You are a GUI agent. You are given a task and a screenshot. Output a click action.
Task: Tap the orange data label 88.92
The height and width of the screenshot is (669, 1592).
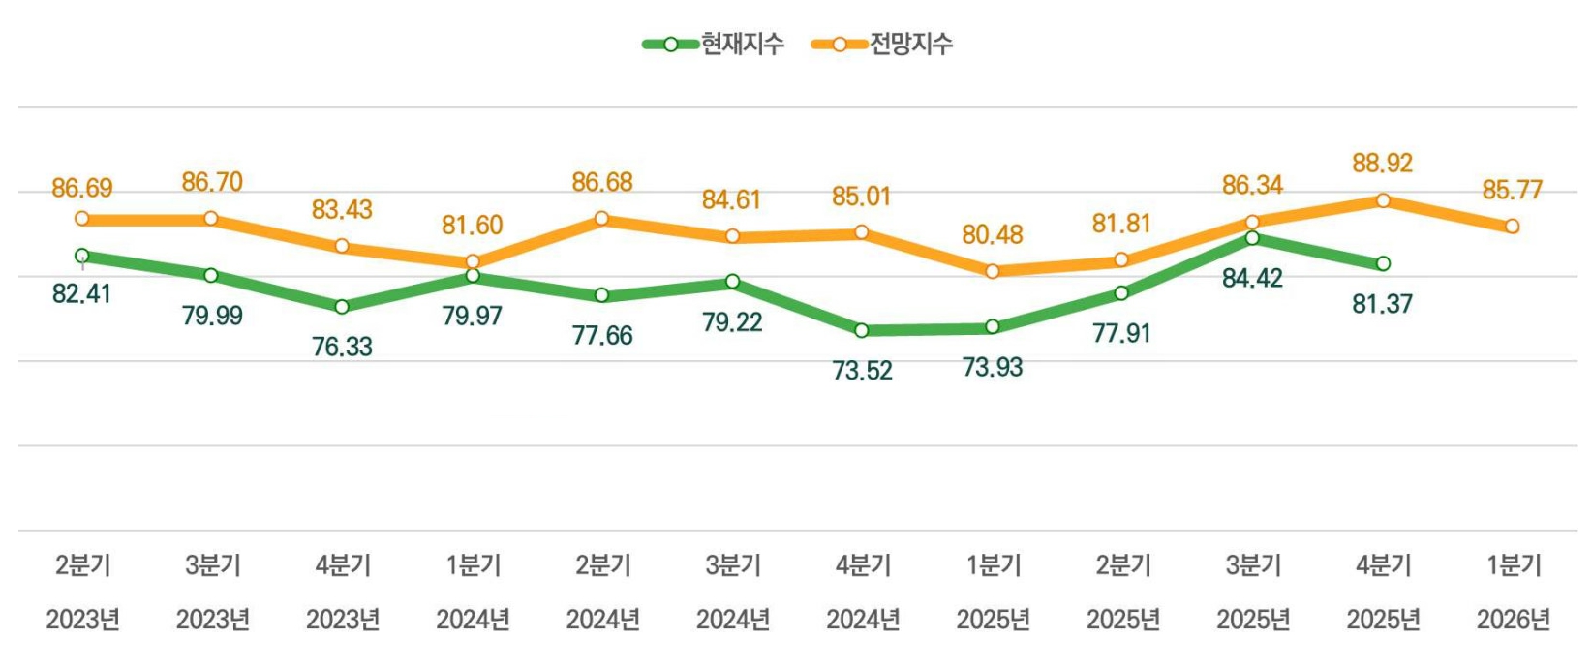(x=1382, y=163)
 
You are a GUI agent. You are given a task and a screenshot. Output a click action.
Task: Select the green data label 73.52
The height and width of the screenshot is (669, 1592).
(x=862, y=371)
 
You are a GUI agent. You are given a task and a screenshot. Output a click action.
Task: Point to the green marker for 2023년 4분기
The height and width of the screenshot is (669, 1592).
(x=342, y=307)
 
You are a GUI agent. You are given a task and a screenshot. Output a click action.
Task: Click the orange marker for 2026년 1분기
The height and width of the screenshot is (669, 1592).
(x=1512, y=227)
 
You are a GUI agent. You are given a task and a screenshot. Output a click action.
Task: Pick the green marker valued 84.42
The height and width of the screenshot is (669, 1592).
(x=1252, y=238)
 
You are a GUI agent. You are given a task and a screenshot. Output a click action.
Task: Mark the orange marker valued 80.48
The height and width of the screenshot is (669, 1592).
(x=992, y=272)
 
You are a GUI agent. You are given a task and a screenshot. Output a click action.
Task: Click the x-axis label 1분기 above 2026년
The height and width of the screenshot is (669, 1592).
(x=1513, y=564)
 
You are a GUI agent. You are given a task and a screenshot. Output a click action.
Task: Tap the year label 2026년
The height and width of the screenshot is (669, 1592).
(x=1513, y=619)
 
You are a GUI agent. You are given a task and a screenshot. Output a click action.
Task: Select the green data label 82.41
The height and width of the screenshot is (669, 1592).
(x=81, y=293)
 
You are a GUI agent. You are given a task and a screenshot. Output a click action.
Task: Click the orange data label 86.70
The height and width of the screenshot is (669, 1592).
(x=212, y=182)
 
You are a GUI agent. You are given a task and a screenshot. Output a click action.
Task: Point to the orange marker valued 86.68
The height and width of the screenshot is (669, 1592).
(x=601, y=219)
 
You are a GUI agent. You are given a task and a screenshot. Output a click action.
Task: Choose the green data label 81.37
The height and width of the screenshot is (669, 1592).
(x=1382, y=304)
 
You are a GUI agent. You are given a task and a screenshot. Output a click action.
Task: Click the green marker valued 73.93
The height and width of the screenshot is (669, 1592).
(x=992, y=327)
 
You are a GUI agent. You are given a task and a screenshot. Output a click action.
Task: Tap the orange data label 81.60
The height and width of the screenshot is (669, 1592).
(x=472, y=226)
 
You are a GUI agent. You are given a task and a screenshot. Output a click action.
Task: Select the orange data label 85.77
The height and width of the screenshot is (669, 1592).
(x=1512, y=190)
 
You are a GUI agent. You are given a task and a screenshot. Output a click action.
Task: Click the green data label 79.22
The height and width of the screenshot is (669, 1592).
(x=732, y=322)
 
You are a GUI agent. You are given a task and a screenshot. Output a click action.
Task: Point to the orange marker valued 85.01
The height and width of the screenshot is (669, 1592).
(x=861, y=232)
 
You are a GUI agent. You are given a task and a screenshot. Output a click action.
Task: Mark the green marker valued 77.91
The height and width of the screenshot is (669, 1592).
(x=1121, y=293)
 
